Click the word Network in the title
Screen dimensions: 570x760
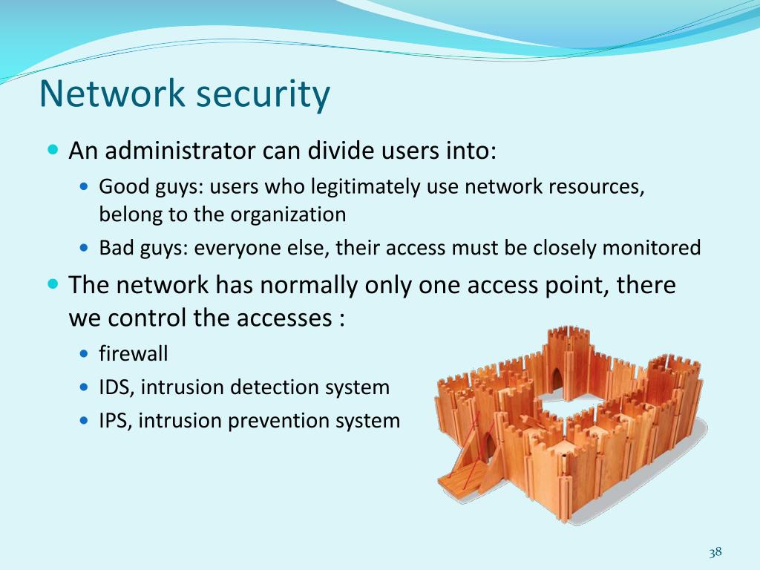tap(112, 94)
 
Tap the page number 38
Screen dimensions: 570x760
tap(715, 552)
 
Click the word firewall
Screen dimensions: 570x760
tap(134, 353)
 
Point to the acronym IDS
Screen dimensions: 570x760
tap(114, 387)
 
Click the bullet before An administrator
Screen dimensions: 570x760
tap(52, 150)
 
